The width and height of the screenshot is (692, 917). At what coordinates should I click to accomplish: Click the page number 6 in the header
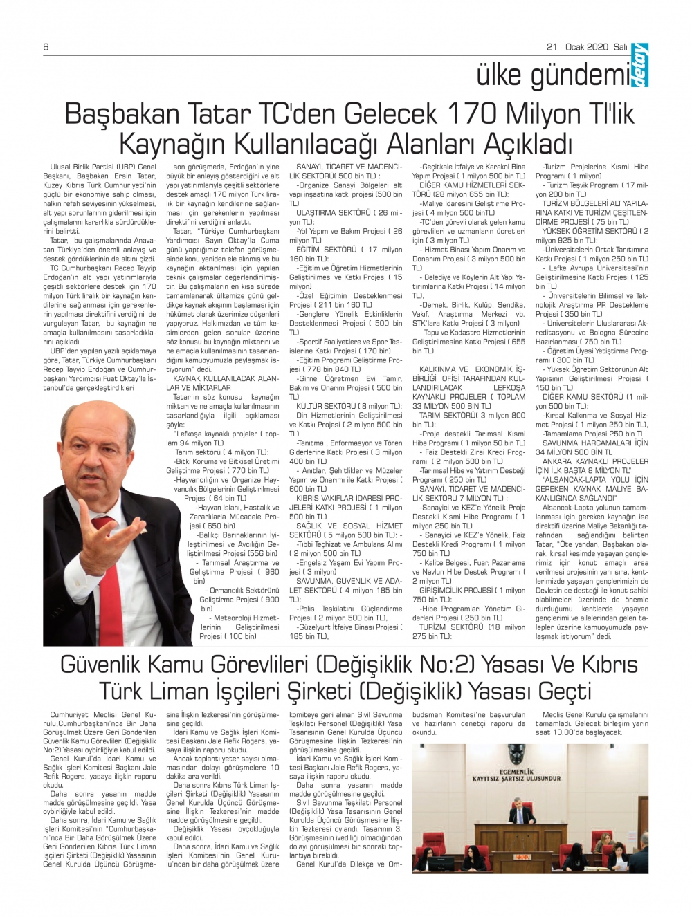pos(46,46)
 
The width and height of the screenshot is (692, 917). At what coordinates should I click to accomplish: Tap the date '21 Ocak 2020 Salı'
pos(587,46)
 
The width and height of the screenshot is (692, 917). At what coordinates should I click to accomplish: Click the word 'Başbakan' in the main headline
pos(123,114)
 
